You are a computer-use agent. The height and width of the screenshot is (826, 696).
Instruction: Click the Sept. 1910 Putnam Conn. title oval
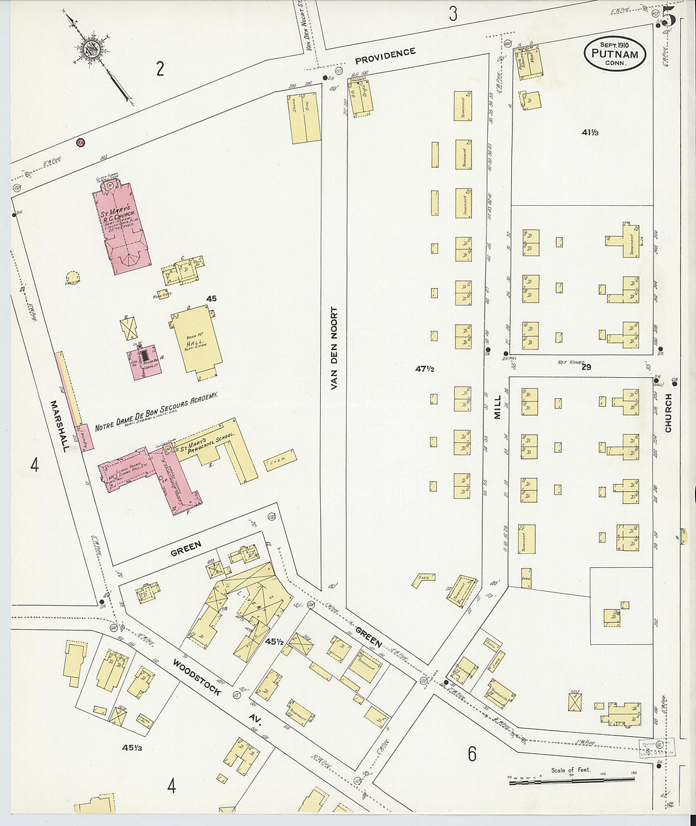pyautogui.click(x=614, y=53)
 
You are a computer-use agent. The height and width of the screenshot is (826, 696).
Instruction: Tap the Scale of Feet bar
pyautogui.click(x=575, y=782)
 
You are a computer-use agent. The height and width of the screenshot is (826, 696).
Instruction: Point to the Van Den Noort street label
pyautogui.click(x=334, y=347)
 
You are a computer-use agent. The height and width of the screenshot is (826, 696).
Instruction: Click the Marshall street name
pyautogui.click(x=61, y=425)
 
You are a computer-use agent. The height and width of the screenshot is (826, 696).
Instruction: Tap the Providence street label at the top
pyautogui.click(x=385, y=56)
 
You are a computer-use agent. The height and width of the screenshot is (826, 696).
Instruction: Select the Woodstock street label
pyautogui.click(x=197, y=677)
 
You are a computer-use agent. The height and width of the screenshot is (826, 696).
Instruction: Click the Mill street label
pyautogui.click(x=497, y=406)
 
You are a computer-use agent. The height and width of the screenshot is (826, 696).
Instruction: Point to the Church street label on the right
pyautogui.click(x=668, y=413)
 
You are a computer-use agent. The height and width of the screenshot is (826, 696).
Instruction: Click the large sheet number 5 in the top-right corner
pyautogui.click(x=669, y=16)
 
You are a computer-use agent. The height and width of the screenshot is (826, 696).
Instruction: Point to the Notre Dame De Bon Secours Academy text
pyautogui.click(x=156, y=411)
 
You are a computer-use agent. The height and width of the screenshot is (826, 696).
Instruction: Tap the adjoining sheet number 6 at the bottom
pyautogui.click(x=472, y=753)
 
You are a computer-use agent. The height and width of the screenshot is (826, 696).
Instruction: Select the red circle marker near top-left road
pyautogui.click(x=80, y=142)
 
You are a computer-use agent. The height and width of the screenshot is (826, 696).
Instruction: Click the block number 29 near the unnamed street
pyautogui.click(x=586, y=367)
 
